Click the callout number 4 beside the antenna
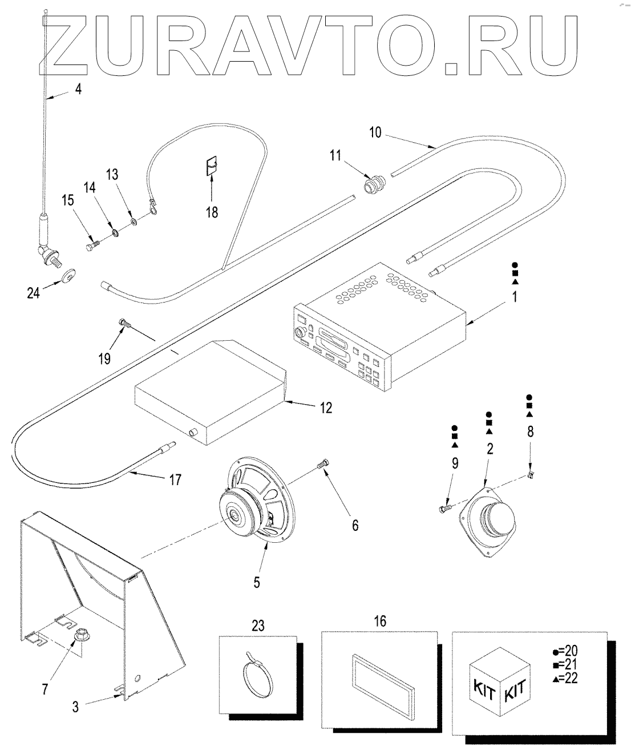click(78, 89)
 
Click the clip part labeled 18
click(212, 167)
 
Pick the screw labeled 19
click(125, 324)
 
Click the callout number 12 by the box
click(326, 408)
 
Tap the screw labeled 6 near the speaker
click(323, 465)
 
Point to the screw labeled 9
click(444, 506)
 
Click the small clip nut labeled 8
click(530, 474)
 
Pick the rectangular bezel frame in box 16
click(380, 681)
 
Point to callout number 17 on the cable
click(175, 480)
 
